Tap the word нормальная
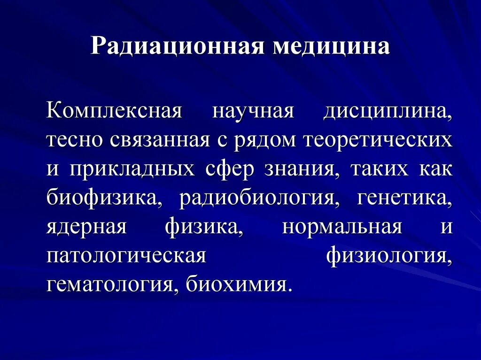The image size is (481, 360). (342, 226)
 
